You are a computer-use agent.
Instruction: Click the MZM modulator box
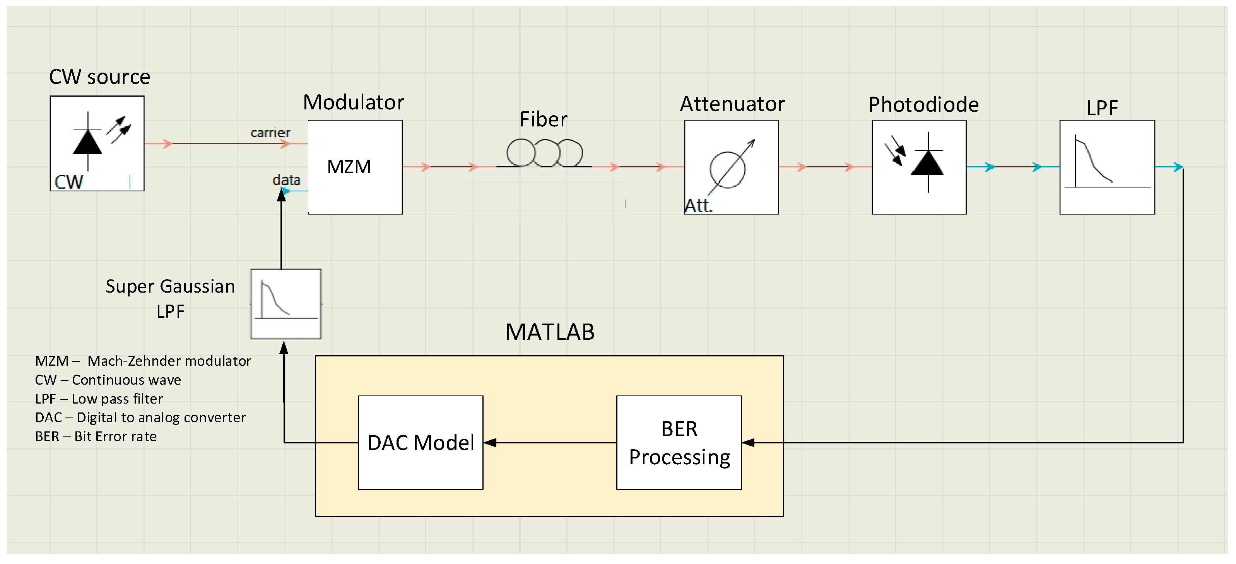pos(355,167)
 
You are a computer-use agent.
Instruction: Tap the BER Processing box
pos(679,443)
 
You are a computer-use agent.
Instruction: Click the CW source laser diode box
pos(97,143)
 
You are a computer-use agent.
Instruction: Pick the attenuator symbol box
pos(731,167)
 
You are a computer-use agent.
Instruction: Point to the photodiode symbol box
pos(919,167)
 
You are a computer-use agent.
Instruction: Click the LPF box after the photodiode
pos(1107,167)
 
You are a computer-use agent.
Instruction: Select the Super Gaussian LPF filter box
pos(286,304)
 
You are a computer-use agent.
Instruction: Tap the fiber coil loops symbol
pos(545,153)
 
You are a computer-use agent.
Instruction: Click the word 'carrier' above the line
pos(270,133)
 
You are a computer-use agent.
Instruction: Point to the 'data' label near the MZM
pos(286,180)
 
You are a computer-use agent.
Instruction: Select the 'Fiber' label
pos(543,119)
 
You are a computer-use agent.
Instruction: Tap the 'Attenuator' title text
pos(732,104)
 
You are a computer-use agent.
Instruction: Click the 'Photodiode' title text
pos(924,104)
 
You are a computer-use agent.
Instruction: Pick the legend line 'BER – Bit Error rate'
pos(96,436)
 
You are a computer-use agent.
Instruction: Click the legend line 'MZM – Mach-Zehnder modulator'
pos(143,361)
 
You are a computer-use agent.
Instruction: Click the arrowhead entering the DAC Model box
pos(490,443)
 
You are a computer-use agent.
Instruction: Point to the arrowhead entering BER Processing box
pos(749,443)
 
